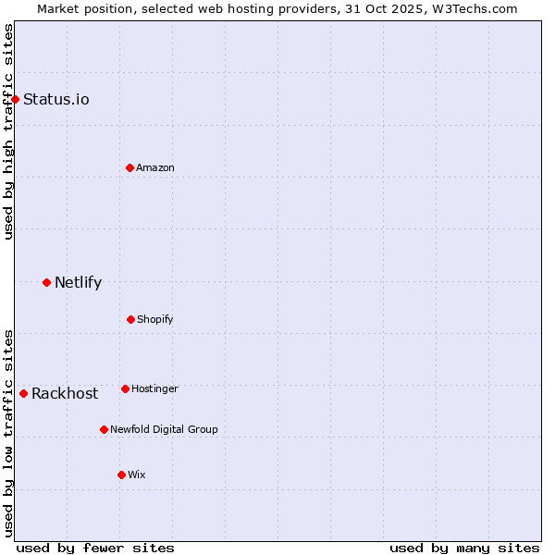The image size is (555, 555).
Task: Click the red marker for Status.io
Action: point(15,99)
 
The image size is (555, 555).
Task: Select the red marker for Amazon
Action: point(129,167)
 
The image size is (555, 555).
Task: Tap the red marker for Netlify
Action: point(46,282)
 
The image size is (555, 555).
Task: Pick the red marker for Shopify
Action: point(130,319)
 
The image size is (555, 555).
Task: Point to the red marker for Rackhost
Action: point(23,393)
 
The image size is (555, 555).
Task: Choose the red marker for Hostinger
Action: point(125,388)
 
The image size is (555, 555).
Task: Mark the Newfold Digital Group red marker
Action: point(104,429)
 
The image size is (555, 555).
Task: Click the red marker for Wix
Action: point(121,475)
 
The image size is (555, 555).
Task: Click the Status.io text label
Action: point(56,99)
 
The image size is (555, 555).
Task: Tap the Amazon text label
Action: point(155,167)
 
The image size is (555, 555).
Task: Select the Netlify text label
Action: point(78,282)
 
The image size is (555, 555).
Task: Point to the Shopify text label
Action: point(155,319)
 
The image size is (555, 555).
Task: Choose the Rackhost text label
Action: point(65,393)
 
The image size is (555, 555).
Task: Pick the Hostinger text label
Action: point(154,388)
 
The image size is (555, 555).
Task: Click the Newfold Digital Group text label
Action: point(164,429)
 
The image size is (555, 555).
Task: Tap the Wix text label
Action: point(137,475)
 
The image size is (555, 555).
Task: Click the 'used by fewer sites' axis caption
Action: point(95,548)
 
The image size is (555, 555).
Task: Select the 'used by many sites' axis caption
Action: point(464,548)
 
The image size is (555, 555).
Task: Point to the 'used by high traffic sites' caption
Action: point(8,131)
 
